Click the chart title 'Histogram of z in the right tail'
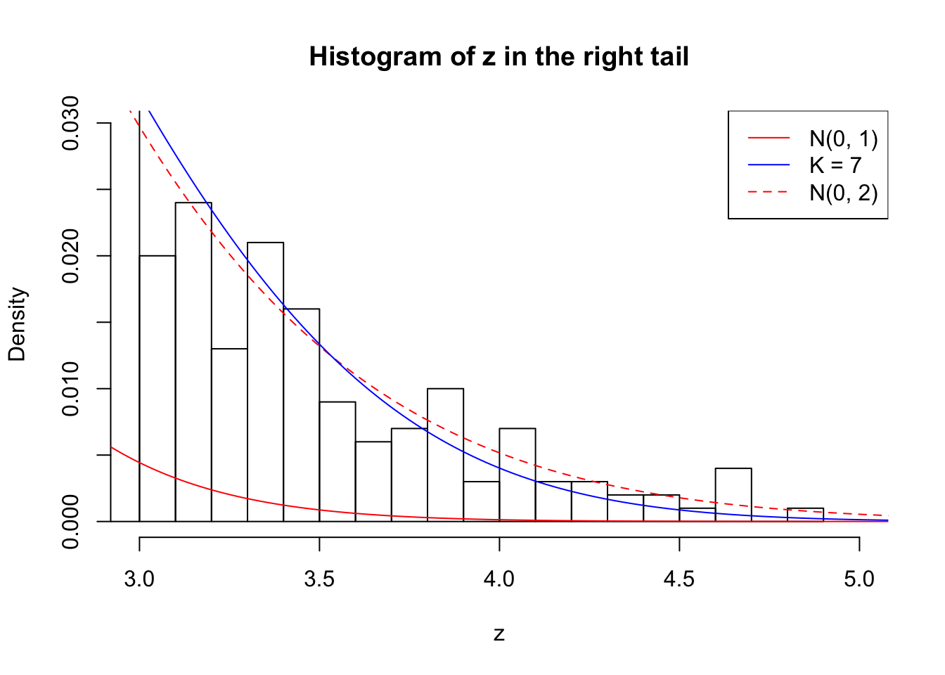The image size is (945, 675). pos(499,56)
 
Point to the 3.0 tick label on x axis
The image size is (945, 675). pos(139,579)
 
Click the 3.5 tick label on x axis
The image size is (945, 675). pos(319,579)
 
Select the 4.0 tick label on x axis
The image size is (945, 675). pos(499,579)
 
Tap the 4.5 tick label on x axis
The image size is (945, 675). pos(679,579)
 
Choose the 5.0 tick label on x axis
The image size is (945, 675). pos(859,579)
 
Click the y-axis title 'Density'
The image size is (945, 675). pos(17,323)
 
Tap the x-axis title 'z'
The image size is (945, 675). pos(499,634)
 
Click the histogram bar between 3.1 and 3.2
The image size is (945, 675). pos(193,362)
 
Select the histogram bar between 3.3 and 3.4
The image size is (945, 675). pos(265,382)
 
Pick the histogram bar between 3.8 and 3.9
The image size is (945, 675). pos(445,455)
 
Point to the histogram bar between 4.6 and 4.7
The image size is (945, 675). pos(733,495)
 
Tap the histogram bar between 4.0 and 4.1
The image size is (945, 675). pos(517,475)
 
